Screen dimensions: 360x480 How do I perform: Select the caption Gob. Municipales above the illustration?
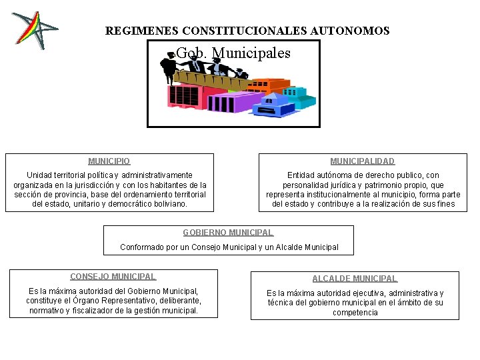233,53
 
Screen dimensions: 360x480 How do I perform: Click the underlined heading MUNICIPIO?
109,161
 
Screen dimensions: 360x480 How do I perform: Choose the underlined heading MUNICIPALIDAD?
363,161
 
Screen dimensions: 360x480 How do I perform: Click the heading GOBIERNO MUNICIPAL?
228,233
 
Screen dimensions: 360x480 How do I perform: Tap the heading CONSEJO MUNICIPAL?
113,277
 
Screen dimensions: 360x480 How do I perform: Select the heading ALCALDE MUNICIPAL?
355,279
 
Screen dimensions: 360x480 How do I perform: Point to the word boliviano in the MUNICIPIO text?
169,204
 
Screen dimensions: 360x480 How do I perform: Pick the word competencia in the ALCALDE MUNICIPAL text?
355,313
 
